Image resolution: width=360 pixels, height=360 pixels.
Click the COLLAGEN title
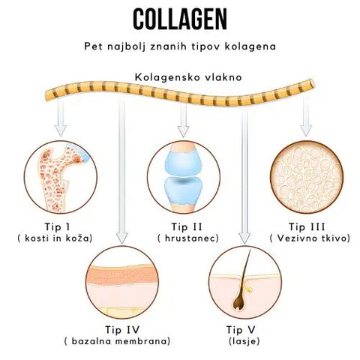click(180, 19)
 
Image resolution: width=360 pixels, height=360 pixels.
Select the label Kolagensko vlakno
click(188, 77)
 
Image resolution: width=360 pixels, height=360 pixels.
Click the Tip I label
click(57, 226)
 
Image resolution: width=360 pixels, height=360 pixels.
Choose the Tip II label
click(187, 227)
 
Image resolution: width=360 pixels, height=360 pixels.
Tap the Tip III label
click(307, 227)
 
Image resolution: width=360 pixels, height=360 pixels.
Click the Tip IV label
click(122, 330)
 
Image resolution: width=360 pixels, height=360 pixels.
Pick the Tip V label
click(241, 330)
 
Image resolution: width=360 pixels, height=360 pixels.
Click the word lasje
click(244, 341)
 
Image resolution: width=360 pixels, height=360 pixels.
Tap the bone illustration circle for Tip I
click(61, 177)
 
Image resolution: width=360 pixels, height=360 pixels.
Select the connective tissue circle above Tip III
click(307, 177)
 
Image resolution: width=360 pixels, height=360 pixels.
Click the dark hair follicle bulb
click(239, 303)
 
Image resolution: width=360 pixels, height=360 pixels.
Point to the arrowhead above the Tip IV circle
click(122, 238)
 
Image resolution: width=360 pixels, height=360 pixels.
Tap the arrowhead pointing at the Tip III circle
click(306, 130)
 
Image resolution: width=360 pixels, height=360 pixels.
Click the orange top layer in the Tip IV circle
click(122, 274)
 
